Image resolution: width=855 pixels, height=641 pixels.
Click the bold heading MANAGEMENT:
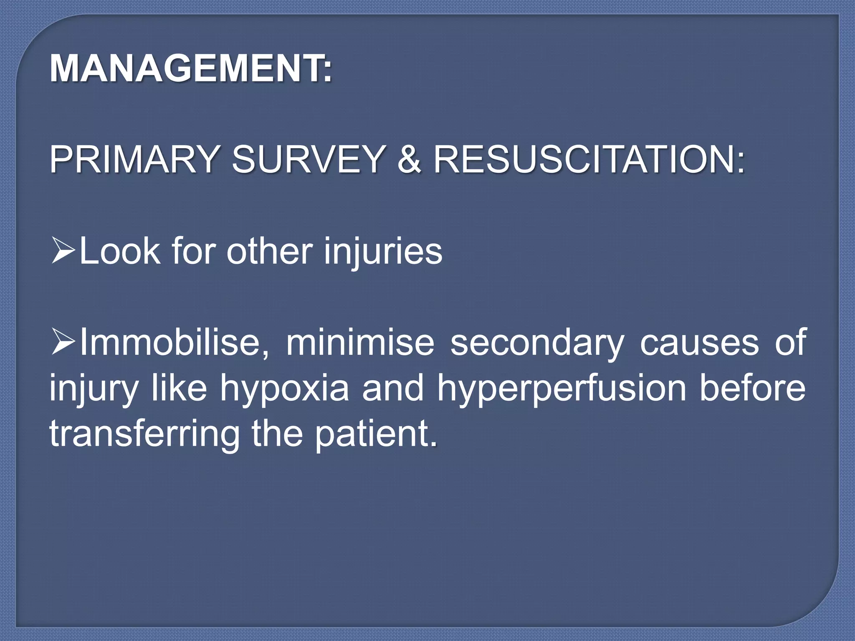(191, 68)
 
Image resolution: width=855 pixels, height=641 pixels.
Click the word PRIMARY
(133, 159)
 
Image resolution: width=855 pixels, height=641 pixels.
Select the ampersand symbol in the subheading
(409, 159)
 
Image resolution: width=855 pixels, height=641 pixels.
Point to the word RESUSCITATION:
(589, 159)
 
